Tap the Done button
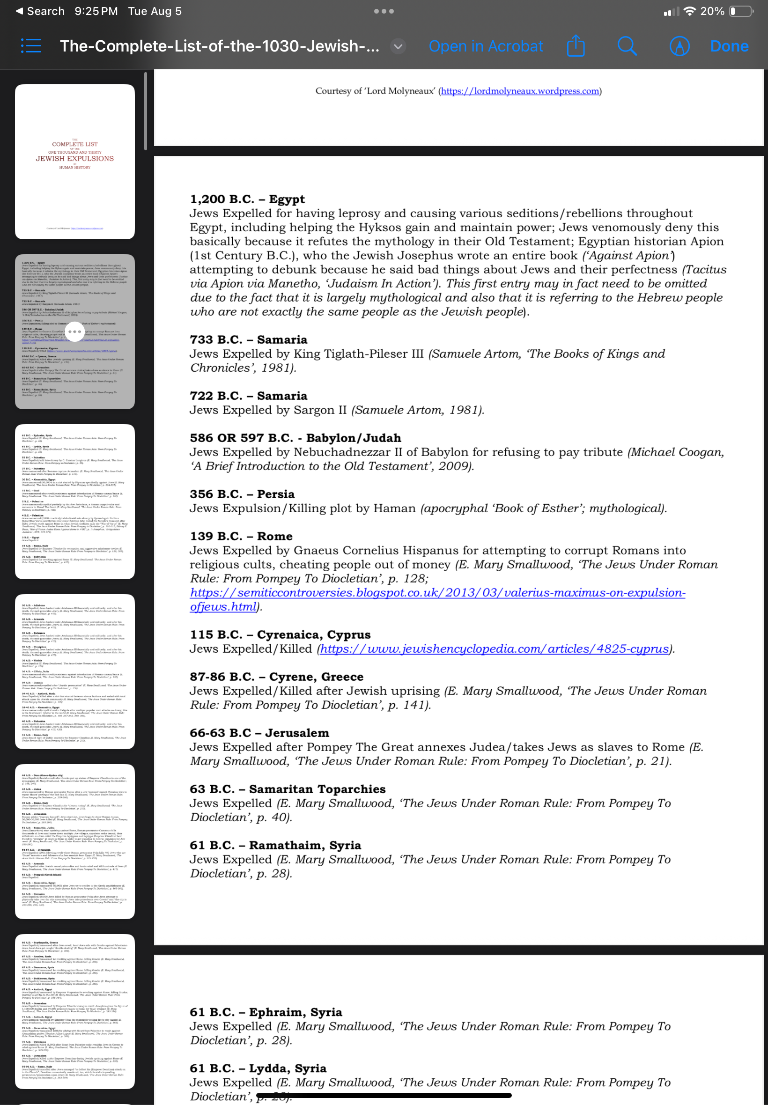point(729,46)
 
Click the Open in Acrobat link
point(486,46)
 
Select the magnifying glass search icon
point(627,46)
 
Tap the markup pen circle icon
point(679,46)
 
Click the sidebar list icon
point(31,46)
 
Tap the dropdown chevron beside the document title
point(398,46)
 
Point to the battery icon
point(741,11)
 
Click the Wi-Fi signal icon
point(690,11)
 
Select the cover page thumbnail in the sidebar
point(74,161)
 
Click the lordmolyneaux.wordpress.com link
point(520,91)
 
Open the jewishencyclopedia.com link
point(494,648)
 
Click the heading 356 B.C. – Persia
point(242,494)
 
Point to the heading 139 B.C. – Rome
point(241,536)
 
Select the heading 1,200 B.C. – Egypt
point(247,199)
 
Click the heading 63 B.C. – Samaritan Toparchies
point(287,789)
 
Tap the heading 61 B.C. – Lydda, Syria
point(258,1068)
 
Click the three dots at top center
point(384,11)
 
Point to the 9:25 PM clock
point(96,11)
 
